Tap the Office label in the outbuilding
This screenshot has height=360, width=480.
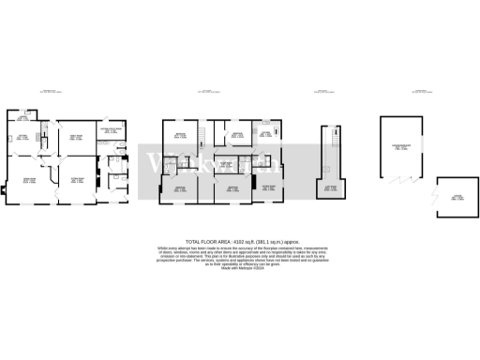coord(458,196)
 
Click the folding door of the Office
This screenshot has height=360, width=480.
coord(433,195)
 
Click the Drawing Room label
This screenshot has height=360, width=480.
coord(29,182)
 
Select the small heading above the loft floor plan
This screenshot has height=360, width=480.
coord(323,92)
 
